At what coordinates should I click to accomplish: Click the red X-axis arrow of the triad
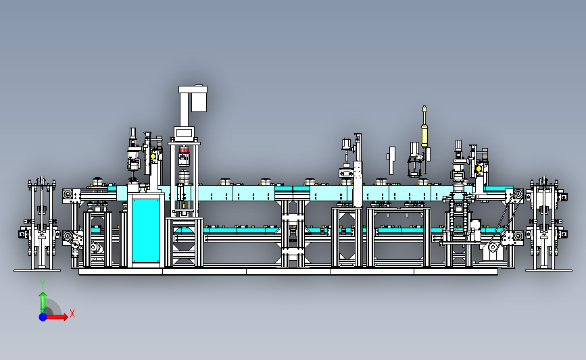tap(57, 317)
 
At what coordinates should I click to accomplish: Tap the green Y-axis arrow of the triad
tap(43, 302)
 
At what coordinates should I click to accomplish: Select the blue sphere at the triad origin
tap(43, 317)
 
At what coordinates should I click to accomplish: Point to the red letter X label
tap(72, 313)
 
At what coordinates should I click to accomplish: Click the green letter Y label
tap(43, 285)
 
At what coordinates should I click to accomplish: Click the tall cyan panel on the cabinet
tap(146, 230)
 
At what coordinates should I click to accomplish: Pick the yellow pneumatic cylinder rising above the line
tap(424, 126)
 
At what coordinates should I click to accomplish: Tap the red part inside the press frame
tap(184, 150)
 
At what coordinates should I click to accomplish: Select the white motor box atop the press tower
tap(199, 99)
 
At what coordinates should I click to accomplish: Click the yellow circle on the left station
tap(153, 156)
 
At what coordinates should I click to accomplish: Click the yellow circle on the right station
tap(479, 169)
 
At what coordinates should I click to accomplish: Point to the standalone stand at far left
tap(39, 224)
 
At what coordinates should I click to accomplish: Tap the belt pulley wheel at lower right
tap(493, 247)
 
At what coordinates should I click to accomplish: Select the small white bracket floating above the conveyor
tap(391, 160)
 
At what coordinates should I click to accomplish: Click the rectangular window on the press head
tap(185, 132)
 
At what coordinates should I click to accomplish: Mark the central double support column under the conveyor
tap(293, 234)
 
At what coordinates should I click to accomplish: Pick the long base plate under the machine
tap(288, 272)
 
